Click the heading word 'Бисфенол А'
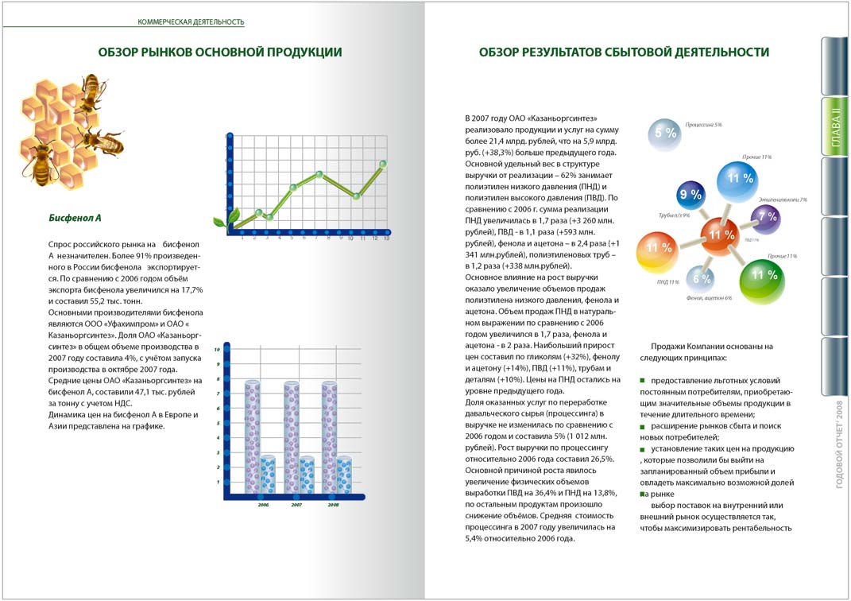(x=75, y=217)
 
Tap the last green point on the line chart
(x=383, y=164)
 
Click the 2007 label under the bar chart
(x=296, y=505)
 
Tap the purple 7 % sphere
(x=768, y=216)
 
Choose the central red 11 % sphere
(x=721, y=235)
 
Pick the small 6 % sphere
(x=701, y=279)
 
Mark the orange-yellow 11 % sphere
(x=658, y=249)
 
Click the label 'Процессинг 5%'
(x=703, y=125)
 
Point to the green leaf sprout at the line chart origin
(x=230, y=218)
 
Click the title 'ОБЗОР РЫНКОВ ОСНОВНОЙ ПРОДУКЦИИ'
(x=220, y=52)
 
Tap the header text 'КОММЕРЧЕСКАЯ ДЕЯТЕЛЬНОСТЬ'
(x=191, y=21)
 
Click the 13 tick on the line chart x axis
(x=386, y=238)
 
